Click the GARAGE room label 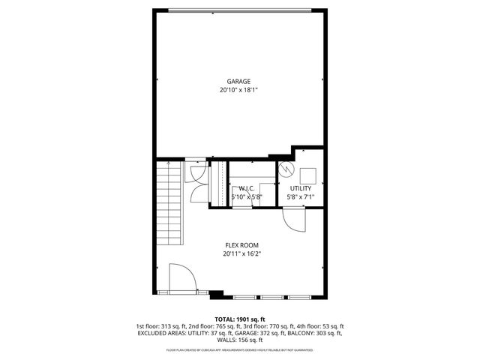click(x=239, y=82)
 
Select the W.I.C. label click(x=247, y=188)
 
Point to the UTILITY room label click(x=300, y=188)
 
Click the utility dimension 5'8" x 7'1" click(x=300, y=196)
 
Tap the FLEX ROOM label click(x=241, y=245)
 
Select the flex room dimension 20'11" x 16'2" click(x=241, y=253)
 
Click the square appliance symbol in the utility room click(x=308, y=169)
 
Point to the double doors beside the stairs click(x=196, y=182)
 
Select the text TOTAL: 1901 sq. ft click(x=240, y=319)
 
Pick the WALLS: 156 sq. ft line click(x=240, y=341)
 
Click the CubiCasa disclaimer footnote click(x=240, y=349)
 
